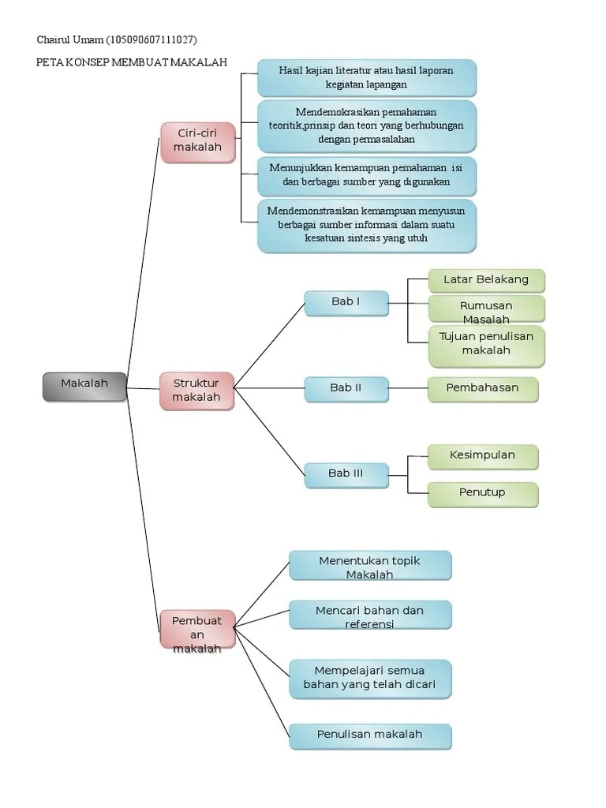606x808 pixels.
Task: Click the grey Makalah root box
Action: (x=84, y=384)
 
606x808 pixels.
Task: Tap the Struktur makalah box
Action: (x=196, y=391)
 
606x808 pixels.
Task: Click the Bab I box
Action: (x=346, y=302)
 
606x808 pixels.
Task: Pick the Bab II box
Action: (x=346, y=388)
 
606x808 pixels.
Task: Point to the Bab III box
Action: (x=346, y=474)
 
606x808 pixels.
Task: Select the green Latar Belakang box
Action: (x=486, y=280)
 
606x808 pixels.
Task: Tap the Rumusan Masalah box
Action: (x=486, y=311)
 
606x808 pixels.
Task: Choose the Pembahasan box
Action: (x=483, y=388)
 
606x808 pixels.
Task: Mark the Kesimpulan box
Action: (x=483, y=456)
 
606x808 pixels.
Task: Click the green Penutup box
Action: (x=483, y=493)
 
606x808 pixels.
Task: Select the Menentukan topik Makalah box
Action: (x=370, y=566)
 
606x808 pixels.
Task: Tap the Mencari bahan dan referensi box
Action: (x=370, y=616)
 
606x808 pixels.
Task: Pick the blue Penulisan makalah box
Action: (x=370, y=735)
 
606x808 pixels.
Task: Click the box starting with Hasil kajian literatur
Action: (x=367, y=77)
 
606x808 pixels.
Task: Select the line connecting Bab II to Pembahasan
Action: (x=408, y=388)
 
